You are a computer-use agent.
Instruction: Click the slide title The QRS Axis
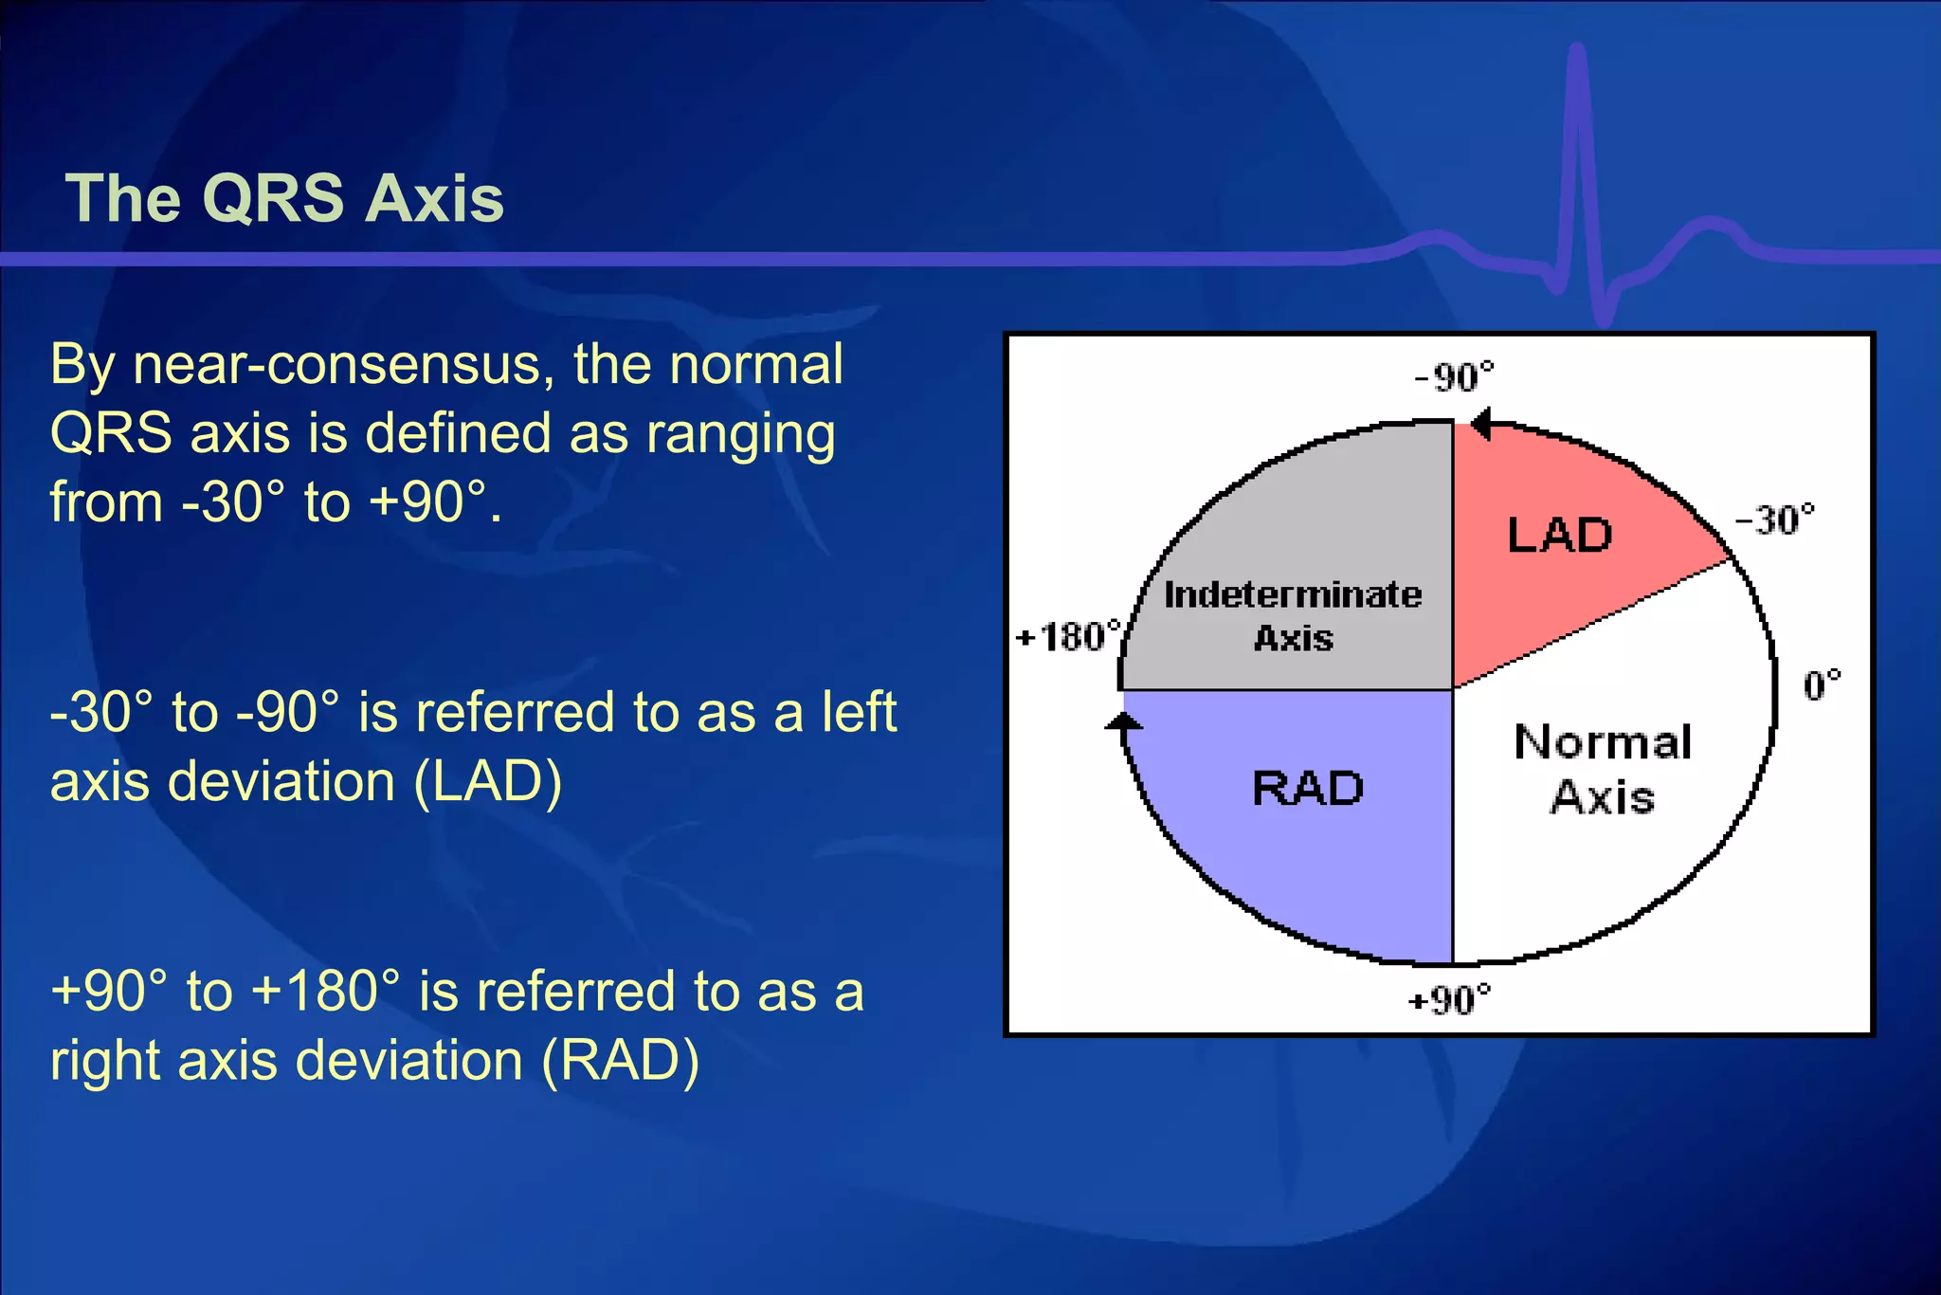click(x=284, y=199)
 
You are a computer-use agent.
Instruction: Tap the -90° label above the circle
click(x=1454, y=377)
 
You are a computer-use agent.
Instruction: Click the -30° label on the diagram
click(x=1774, y=520)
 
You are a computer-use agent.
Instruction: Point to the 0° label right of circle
click(x=1821, y=684)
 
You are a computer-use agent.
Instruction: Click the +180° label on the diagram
click(x=1067, y=636)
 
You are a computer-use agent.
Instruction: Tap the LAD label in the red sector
click(x=1560, y=536)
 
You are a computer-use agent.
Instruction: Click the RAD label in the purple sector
click(x=1308, y=789)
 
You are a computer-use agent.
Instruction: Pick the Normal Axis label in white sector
click(x=1603, y=769)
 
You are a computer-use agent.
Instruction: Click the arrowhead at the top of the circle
click(x=1481, y=424)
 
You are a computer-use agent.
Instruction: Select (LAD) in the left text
click(x=488, y=782)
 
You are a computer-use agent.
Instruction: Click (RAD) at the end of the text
click(x=621, y=1060)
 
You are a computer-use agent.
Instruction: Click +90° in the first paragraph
click(x=426, y=502)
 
